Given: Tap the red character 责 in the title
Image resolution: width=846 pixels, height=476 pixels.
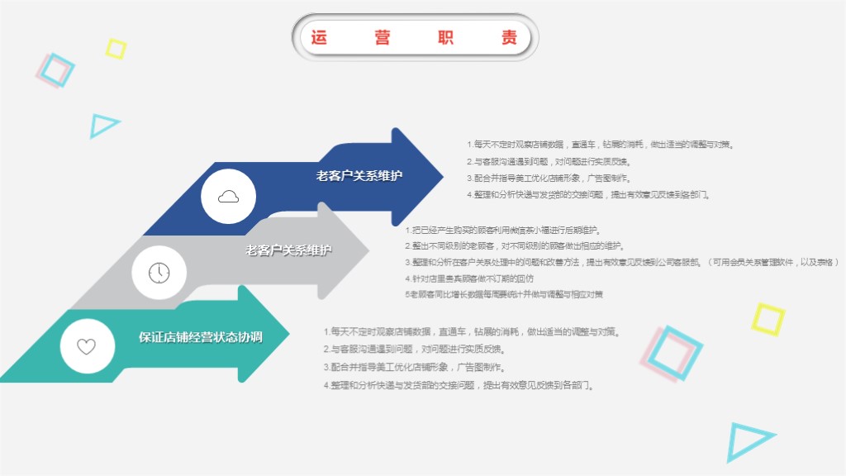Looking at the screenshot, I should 510,37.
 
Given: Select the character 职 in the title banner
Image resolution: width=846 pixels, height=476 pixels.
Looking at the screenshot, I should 446,37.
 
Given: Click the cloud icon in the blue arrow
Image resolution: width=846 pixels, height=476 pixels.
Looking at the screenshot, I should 229,196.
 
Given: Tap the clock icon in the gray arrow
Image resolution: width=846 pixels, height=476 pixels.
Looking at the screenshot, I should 159,273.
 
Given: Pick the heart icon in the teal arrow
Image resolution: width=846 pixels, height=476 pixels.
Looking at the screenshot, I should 87,346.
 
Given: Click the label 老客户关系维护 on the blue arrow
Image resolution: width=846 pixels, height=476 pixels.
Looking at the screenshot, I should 359,175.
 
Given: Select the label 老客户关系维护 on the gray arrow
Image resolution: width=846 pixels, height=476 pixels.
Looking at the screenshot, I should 288,250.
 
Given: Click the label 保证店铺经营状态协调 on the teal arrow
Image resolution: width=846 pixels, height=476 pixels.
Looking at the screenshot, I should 201,336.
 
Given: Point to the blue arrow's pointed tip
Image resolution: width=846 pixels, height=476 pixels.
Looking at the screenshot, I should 442,176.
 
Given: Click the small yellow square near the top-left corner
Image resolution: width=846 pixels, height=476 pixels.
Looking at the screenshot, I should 116,49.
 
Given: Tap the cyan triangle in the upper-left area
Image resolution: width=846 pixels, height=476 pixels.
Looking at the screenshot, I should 103,125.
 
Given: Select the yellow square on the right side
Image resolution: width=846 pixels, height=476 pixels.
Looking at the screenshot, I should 768,319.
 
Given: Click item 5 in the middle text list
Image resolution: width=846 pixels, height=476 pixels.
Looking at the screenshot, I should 504,294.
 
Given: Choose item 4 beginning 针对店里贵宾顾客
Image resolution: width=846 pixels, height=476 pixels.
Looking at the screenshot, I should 469,278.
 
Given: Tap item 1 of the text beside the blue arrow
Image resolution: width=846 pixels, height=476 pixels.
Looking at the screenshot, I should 600,144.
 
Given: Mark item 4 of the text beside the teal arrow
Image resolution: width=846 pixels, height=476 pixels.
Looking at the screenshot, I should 459,385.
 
